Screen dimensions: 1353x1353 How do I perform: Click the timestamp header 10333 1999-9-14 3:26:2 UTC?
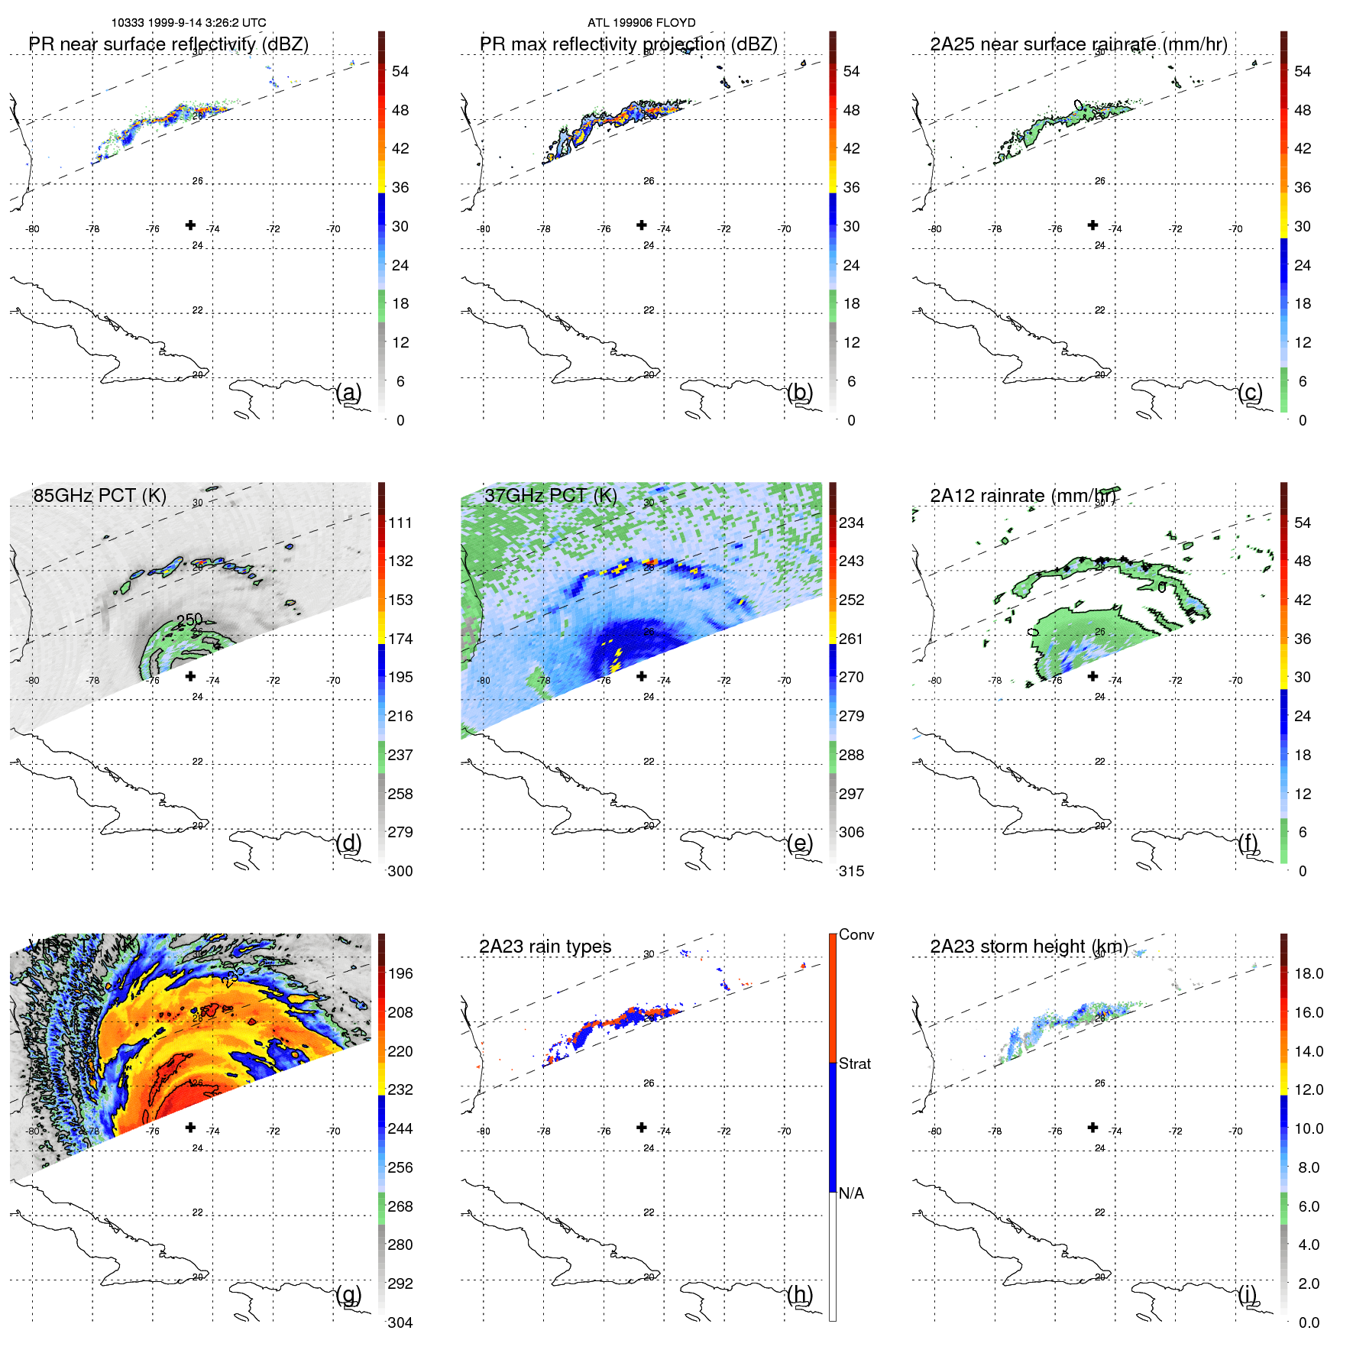[x=189, y=23]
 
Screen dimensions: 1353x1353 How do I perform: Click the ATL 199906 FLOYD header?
[x=641, y=23]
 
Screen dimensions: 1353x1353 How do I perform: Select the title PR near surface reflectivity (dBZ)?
[x=169, y=44]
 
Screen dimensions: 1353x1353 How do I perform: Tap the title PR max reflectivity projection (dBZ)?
[x=628, y=44]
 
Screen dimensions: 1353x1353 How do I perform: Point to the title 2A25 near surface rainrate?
[x=1079, y=44]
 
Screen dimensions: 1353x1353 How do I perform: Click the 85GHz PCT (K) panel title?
[x=99, y=496]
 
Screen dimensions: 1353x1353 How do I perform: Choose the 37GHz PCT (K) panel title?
[x=550, y=496]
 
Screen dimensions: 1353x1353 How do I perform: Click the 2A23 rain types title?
[x=545, y=947]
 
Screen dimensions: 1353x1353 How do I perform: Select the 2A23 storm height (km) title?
[x=1028, y=947]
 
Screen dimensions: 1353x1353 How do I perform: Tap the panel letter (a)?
[x=349, y=393]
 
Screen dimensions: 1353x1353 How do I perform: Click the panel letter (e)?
[x=800, y=843]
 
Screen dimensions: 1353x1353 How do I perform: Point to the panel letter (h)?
[x=800, y=1294]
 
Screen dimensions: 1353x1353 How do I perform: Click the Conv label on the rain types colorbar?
[x=856, y=934]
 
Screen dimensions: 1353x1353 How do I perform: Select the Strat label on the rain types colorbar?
[x=855, y=1063]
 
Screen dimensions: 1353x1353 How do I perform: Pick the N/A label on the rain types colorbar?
[x=852, y=1193]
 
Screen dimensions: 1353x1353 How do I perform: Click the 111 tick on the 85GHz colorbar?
[x=400, y=523]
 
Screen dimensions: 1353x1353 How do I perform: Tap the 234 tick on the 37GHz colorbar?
[x=851, y=523]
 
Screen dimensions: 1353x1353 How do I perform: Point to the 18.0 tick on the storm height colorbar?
[x=1309, y=973]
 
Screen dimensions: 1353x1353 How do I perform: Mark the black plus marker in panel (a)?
[x=190, y=225]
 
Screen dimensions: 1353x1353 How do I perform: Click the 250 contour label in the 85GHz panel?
[x=189, y=619]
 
